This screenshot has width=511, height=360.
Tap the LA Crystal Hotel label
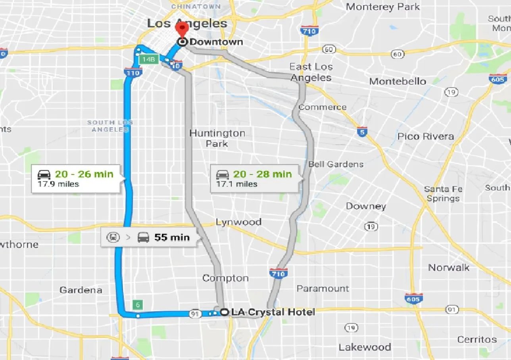click(273, 312)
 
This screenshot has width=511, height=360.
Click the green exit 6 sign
click(138, 305)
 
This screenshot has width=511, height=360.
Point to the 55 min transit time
click(172, 237)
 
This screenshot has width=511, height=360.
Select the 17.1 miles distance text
click(236, 184)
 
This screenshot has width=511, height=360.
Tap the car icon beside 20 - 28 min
click(223, 174)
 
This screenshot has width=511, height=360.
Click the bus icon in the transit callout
click(143, 237)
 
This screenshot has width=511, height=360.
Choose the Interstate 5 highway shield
click(361, 132)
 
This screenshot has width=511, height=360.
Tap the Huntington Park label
click(217, 138)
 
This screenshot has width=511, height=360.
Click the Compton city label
click(225, 278)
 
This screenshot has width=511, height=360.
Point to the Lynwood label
click(238, 222)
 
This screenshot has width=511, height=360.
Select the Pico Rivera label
click(426, 136)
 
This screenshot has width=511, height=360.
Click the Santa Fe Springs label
click(443, 194)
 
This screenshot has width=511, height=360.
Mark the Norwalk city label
click(449, 268)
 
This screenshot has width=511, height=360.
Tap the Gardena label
click(81, 290)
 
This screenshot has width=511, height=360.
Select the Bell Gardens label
click(336, 164)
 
